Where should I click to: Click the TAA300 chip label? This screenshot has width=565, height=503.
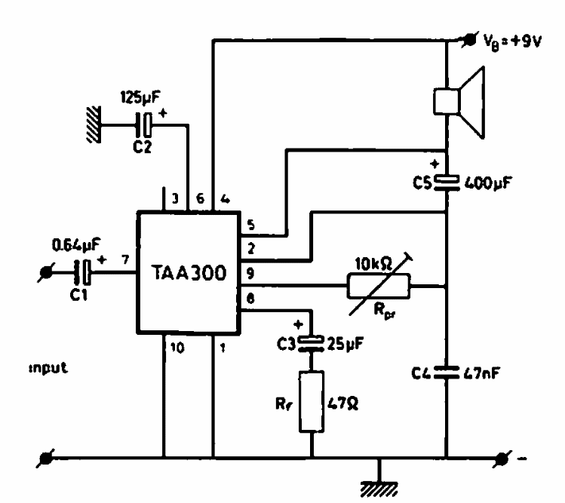[x=189, y=273]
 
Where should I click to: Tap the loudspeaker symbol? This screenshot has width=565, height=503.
[x=459, y=103]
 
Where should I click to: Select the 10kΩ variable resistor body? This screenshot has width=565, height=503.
[x=379, y=286]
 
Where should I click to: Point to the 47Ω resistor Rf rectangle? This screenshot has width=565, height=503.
[x=312, y=401]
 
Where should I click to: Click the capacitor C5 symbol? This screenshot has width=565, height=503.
[x=447, y=182]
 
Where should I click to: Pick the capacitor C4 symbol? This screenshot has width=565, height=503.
[x=447, y=373]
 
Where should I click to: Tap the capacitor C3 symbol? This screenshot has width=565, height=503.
[x=312, y=343]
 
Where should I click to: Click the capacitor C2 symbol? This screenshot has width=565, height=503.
[x=144, y=125]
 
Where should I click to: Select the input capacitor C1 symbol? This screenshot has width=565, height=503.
[x=83, y=272]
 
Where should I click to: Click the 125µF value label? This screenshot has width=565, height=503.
[x=140, y=97]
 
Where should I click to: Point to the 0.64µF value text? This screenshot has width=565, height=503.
[x=76, y=245]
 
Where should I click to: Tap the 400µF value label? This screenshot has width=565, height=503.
[x=487, y=183]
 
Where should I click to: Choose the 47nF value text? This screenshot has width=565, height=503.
[x=481, y=373]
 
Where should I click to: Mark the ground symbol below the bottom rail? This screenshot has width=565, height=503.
[x=379, y=489]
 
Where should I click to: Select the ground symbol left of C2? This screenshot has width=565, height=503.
[x=94, y=124]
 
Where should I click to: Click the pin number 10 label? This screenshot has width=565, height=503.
[x=177, y=348]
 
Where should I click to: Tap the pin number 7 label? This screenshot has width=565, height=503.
[x=125, y=259]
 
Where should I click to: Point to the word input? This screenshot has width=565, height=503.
[x=48, y=368]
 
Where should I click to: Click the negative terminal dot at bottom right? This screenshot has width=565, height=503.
[x=502, y=459]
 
